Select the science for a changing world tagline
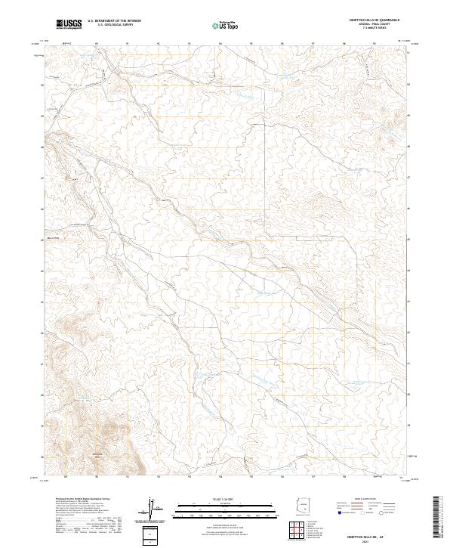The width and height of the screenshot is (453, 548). (67, 29)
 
